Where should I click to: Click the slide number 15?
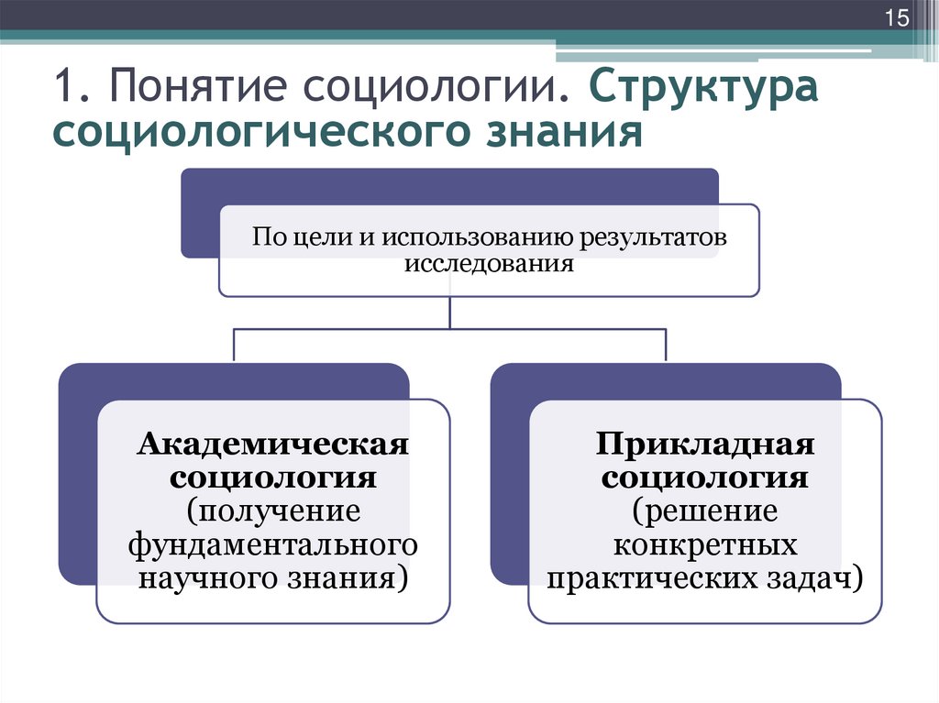pyautogui.click(x=895, y=19)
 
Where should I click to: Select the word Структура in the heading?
pyautogui.click(x=703, y=91)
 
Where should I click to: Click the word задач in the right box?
pyautogui.click(x=823, y=578)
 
